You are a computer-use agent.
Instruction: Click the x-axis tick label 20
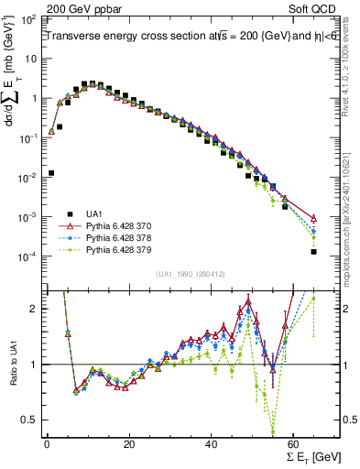pyautogui.click(x=129, y=444)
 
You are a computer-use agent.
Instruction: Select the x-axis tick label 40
pyautogui.click(x=212, y=444)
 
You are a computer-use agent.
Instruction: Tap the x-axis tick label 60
pyautogui.click(x=294, y=444)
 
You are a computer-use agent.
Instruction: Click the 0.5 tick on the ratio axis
pyautogui.click(x=32, y=420)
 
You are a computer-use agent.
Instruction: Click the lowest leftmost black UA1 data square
pyautogui.click(x=51, y=172)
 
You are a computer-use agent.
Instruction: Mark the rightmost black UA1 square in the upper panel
pyautogui.click(x=314, y=251)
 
